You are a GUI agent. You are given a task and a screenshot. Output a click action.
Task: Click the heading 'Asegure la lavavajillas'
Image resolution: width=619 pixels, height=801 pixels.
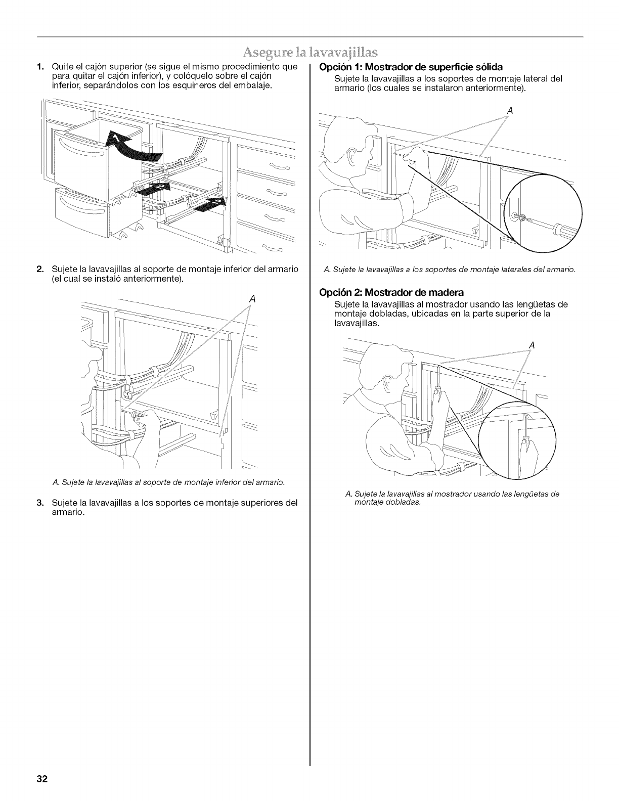309,52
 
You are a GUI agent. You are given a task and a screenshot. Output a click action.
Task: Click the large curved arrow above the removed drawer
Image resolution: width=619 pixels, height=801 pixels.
135,144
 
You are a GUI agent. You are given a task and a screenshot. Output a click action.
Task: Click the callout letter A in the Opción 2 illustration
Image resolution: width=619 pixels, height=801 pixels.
531,345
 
